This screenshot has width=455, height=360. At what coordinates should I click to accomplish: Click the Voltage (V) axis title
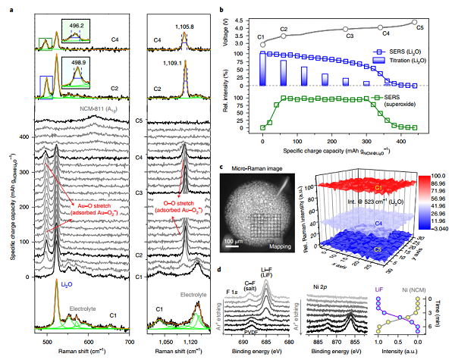coord(225,31)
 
